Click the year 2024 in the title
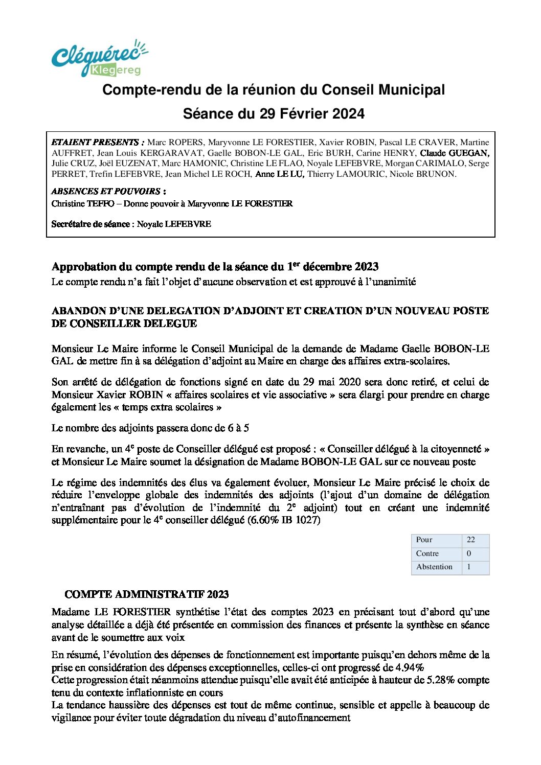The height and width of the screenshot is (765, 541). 348,113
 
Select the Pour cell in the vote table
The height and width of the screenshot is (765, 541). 424,540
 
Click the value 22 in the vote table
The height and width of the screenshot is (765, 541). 470,540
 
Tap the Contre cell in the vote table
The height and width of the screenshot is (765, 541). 427,553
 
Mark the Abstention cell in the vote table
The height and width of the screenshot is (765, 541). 434,567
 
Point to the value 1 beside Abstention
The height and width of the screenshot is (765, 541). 469,567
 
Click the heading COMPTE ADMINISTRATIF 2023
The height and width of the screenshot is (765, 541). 146,594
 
